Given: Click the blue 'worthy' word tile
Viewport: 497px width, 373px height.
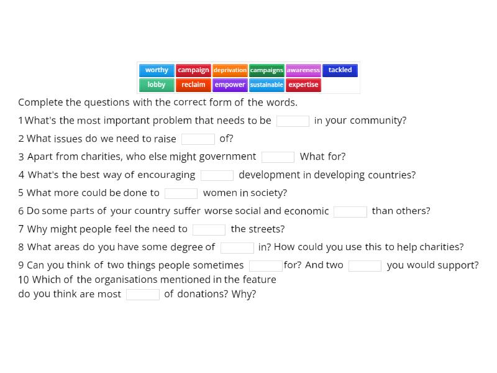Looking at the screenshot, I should coord(157,70).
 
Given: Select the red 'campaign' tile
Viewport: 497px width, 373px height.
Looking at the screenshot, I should coord(193,70).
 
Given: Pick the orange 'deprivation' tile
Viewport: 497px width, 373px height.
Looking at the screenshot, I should coord(230,70).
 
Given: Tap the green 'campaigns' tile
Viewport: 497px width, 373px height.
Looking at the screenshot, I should coord(267,70).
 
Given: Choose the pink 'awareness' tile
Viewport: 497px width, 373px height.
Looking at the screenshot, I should coord(303,70).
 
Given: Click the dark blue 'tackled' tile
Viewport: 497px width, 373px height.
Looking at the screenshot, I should coord(340,70).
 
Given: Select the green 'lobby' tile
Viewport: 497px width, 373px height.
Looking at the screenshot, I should coord(157,85).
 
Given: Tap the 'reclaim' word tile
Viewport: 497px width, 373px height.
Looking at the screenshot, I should coord(193,85).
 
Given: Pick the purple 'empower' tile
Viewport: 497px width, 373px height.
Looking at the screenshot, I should coord(230,85).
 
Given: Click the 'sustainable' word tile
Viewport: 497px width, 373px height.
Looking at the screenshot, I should coord(267,85).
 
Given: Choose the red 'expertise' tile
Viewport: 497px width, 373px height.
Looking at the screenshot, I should coord(303,85).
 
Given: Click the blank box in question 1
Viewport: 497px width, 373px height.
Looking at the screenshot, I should coord(293,121).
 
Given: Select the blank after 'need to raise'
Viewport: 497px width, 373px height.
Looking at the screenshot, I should coord(198,139).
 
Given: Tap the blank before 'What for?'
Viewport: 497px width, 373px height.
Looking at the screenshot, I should coord(278,157).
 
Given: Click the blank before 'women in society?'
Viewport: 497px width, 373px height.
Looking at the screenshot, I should coord(181,193).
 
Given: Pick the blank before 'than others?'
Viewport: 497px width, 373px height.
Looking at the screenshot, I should coord(350,211).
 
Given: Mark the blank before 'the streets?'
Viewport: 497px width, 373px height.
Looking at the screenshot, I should coord(209,229).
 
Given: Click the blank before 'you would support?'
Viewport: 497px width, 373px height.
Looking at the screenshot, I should coord(365,266).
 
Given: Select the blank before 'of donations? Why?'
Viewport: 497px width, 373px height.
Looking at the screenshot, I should coord(142,295).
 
